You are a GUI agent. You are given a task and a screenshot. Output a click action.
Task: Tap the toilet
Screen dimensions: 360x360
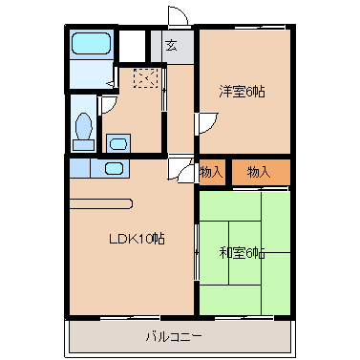click(x=84, y=128)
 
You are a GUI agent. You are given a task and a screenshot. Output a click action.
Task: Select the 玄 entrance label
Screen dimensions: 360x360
click(x=171, y=45)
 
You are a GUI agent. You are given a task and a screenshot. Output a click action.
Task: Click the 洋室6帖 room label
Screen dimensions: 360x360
click(x=242, y=92)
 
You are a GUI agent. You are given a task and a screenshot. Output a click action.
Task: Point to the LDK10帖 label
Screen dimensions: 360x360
click(x=136, y=239)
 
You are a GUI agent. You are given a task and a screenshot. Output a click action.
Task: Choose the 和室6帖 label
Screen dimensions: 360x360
click(x=243, y=253)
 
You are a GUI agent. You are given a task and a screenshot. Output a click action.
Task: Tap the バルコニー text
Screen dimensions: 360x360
click(x=179, y=336)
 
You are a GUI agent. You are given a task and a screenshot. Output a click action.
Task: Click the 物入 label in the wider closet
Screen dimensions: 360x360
click(x=259, y=172)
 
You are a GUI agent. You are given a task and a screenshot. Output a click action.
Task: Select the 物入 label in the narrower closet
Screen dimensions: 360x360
click(x=211, y=172)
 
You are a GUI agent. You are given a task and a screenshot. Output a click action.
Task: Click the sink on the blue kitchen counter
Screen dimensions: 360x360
click(x=114, y=169)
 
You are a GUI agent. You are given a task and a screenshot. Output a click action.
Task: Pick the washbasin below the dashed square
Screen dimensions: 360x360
click(x=118, y=143)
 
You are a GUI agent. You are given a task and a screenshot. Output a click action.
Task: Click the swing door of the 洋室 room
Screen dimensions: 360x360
click(x=206, y=124)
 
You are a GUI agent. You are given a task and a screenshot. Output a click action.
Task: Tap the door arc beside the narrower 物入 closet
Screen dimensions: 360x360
click(x=181, y=169)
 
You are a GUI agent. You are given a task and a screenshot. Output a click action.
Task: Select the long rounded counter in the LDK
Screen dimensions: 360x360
click(x=100, y=202)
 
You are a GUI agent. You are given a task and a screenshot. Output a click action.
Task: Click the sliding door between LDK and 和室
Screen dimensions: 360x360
click(x=199, y=250)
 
